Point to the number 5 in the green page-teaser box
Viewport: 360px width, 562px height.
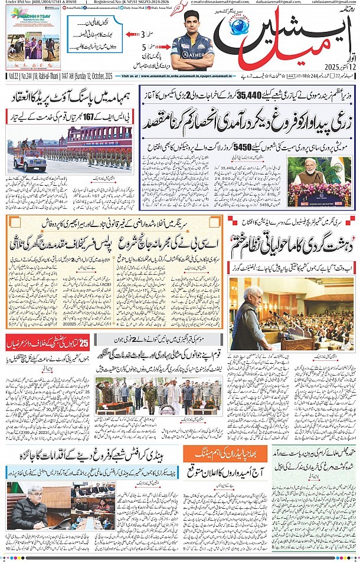pos(143,48)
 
